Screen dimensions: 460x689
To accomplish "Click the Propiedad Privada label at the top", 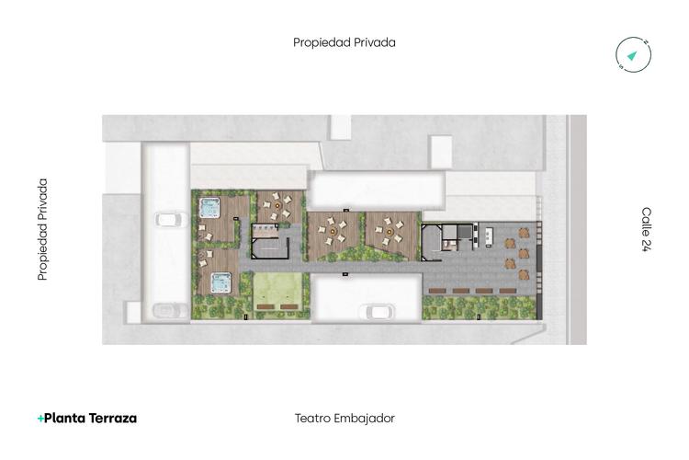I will coord(344,42).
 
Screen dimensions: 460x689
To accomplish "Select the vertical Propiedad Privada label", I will coord(42,229).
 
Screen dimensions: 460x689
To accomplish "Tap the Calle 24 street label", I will coord(646,229).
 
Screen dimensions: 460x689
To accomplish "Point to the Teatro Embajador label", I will coord(344,418).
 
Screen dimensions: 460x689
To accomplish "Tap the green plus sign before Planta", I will coord(40,419).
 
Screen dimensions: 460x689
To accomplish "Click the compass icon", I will coord(633,55).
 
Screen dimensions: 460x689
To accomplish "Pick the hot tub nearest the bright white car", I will coord(210,206).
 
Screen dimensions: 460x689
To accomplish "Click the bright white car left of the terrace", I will coord(167,219).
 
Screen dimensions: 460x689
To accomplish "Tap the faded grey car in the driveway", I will coord(166,310).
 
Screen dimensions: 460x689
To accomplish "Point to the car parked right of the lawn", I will coord(378,311).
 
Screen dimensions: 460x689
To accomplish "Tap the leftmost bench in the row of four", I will coord(437,291).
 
